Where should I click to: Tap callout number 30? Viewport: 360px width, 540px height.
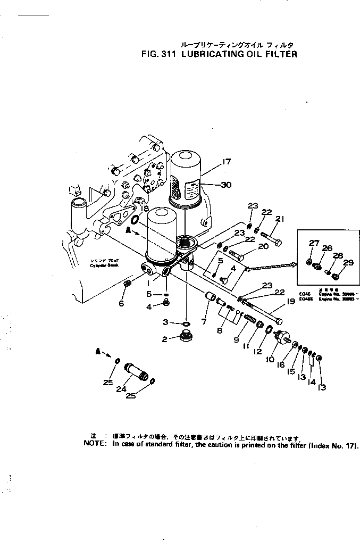pos(227,185)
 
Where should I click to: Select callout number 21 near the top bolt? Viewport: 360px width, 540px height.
pos(280,218)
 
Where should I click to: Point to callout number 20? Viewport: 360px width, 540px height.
pos(263,246)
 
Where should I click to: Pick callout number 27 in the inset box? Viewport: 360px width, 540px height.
pos(314,243)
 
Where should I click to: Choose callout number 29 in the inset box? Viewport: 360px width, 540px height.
pos(348,262)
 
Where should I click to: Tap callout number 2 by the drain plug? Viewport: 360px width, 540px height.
pos(165,339)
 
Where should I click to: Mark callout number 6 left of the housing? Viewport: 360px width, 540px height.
pos(121,303)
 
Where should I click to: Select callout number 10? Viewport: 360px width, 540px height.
pos(271,360)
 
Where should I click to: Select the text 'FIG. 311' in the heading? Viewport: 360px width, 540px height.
pos(159,54)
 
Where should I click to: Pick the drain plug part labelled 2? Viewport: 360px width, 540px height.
pos(186,337)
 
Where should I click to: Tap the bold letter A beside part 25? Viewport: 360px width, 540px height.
pos(98,352)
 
